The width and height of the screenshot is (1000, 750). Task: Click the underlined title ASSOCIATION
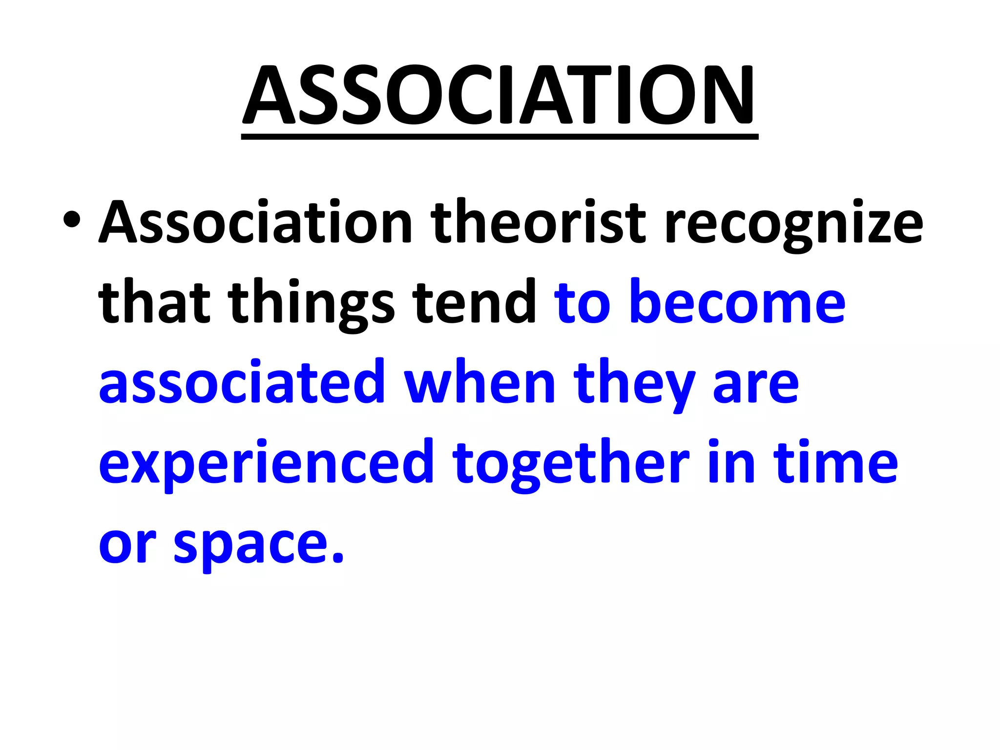coord(499,95)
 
